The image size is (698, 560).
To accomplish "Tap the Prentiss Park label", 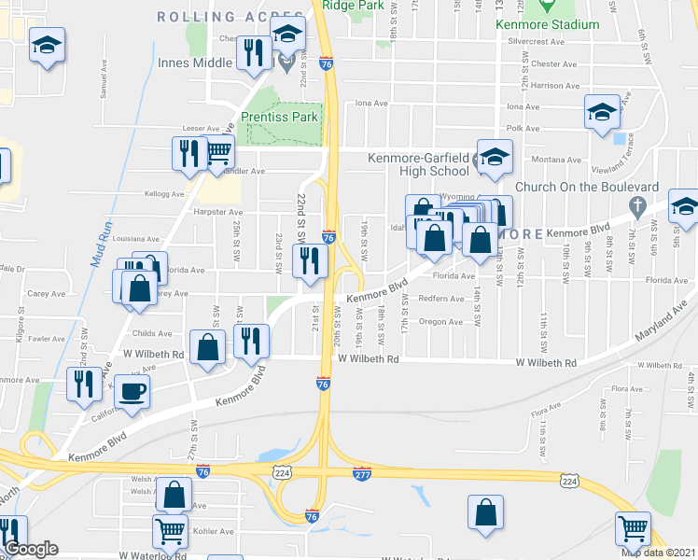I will click(279, 117).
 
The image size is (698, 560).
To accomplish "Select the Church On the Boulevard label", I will click(587, 187).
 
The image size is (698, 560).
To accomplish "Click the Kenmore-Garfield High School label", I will click(417, 164).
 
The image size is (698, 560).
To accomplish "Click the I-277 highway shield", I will click(362, 474).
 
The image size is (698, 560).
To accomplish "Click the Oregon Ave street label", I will click(441, 322).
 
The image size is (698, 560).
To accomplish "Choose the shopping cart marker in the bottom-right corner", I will click(633, 528).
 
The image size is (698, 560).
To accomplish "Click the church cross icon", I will click(637, 204).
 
